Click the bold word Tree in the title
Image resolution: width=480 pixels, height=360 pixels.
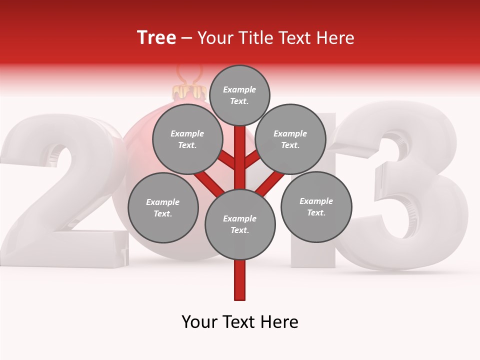[156, 37]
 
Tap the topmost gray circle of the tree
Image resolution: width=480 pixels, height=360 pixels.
[239, 95]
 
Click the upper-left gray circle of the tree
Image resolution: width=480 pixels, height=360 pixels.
[187, 139]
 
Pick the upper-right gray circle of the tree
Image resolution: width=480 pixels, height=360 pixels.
[290, 139]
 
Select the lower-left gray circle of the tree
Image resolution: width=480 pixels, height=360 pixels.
[163, 207]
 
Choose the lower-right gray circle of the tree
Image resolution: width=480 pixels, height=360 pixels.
[316, 206]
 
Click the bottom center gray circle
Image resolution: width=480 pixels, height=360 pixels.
[240, 224]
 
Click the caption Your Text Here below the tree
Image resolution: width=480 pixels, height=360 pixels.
[240, 322]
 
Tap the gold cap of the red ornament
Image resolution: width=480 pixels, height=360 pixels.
[189, 92]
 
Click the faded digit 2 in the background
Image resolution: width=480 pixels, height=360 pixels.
[60, 190]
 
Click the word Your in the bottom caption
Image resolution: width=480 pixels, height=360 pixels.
[199, 322]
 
